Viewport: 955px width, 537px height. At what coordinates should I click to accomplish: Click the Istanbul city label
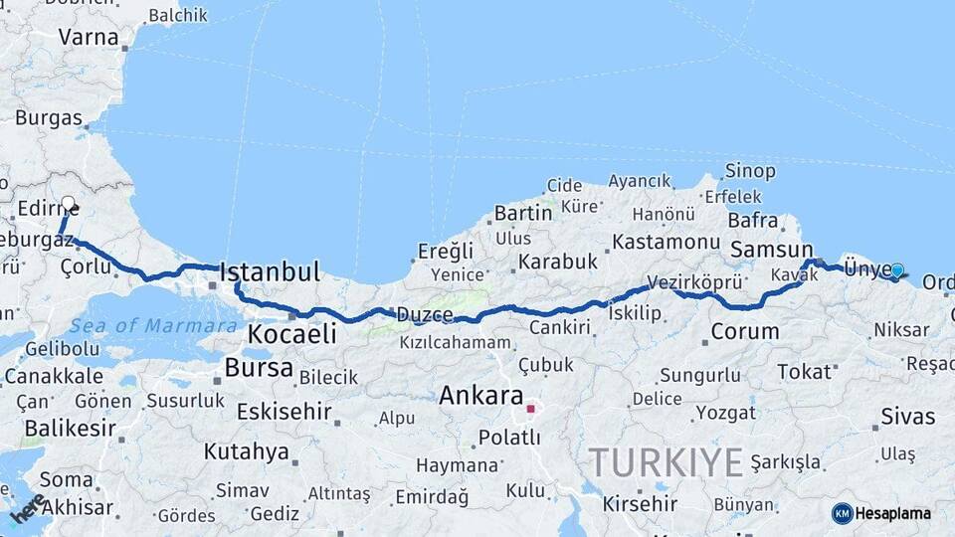[x=270, y=271]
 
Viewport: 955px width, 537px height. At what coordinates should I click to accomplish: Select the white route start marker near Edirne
[x=68, y=204]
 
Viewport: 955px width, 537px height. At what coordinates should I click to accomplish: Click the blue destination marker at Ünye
[x=897, y=270]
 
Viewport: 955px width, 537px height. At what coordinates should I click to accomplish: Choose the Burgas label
[x=49, y=117]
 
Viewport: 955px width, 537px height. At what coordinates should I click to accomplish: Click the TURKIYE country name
[x=666, y=462]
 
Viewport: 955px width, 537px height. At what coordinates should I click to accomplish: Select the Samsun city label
[x=771, y=250]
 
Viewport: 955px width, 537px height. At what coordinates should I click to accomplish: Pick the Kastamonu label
[x=666, y=242]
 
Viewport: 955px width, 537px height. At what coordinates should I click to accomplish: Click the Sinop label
[x=750, y=171]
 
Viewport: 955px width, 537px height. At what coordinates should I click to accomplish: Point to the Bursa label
[x=259, y=368]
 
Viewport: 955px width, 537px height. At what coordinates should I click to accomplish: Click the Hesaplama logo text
[x=893, y=513]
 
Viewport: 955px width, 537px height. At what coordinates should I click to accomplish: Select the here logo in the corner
[x=27, y=508]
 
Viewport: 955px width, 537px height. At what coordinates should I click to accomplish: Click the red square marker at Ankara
[x=530, y=408]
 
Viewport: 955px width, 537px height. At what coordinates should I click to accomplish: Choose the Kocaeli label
[x=292, y=334]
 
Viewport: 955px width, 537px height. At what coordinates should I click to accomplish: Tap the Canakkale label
[x=54, y=376]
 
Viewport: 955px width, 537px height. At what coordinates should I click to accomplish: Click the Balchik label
[x=178, y=15]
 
